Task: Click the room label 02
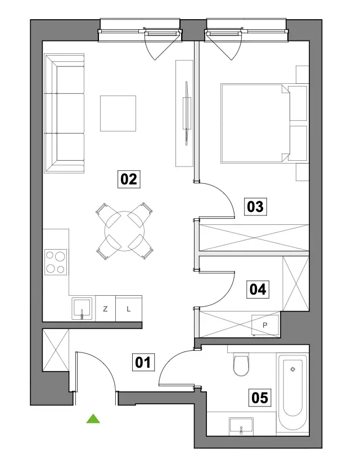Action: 129,179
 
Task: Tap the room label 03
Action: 255,207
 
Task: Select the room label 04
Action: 258,290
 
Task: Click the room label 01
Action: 143,362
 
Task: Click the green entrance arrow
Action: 93,419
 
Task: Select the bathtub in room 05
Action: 292,392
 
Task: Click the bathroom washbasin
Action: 241,426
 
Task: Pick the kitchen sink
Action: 82,308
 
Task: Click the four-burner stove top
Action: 56,262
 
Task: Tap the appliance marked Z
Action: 106,309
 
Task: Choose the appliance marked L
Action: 129,309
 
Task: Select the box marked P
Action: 265,325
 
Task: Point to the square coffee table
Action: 118,114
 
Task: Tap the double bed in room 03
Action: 255,123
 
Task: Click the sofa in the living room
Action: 64,114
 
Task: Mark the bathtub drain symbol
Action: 292,369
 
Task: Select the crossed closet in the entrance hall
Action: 56,350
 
